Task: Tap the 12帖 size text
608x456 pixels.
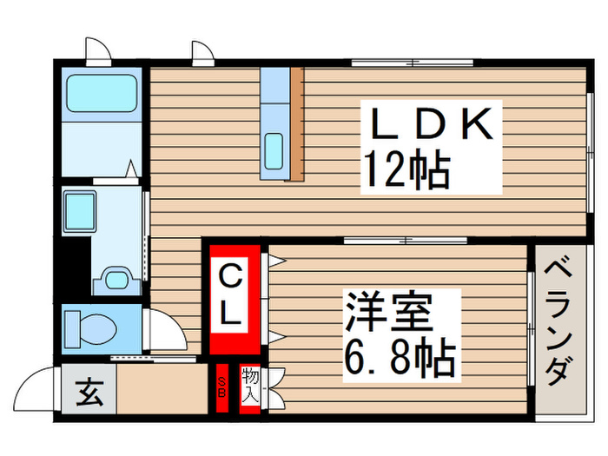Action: click(x=406, y=169)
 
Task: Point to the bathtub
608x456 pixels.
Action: click(x=102, y=89)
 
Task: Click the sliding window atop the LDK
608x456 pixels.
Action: click(x=412, y=62)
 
